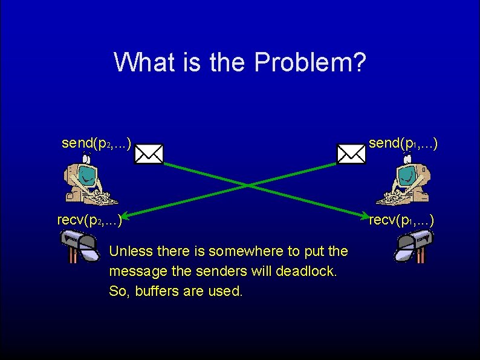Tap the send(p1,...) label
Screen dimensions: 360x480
(x=403, y=143)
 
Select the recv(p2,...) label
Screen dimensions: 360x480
(x=89, y=220)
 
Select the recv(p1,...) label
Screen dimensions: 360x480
(x=401, y=220)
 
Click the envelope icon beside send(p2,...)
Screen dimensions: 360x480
(x=149, y=154)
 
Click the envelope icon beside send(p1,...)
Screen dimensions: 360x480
(x=351, y=154)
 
